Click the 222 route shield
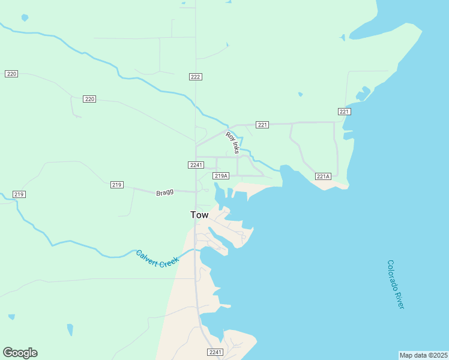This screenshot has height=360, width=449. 195,77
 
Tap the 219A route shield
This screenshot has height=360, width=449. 221,176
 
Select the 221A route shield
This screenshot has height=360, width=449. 324,176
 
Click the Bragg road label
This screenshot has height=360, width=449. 164,193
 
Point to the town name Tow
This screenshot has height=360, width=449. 199,215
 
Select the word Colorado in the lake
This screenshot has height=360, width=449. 393,274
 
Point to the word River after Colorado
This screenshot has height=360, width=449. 400,299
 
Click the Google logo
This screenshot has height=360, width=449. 20,353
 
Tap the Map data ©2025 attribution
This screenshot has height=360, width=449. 423,355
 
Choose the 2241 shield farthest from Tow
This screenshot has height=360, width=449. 215,352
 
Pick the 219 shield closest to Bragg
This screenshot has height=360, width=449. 117,185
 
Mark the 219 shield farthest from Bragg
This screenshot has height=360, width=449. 19,194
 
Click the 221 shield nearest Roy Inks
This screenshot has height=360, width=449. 262,125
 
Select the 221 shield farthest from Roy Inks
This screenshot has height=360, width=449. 344,112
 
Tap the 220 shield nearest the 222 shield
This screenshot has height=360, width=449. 89,98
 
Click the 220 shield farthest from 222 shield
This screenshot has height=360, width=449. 11,74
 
